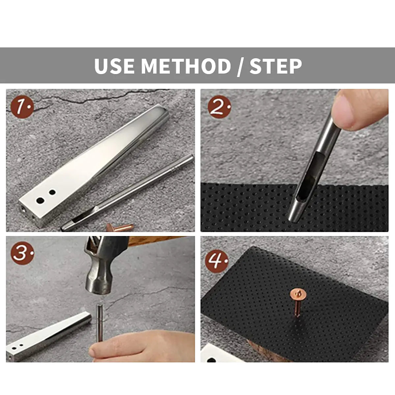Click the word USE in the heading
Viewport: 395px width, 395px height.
tap(114, 66)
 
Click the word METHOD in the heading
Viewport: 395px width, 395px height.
tap(186, 66)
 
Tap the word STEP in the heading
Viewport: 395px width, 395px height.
tap(276, 66)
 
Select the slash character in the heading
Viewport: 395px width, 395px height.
tap(240, 67)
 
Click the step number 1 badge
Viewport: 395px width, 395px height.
tap(22, 107)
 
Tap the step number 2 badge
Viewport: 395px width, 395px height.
tap(219, 107)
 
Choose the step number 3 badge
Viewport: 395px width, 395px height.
tap(22, 253)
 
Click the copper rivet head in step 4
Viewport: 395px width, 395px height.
tap(298, 295)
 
